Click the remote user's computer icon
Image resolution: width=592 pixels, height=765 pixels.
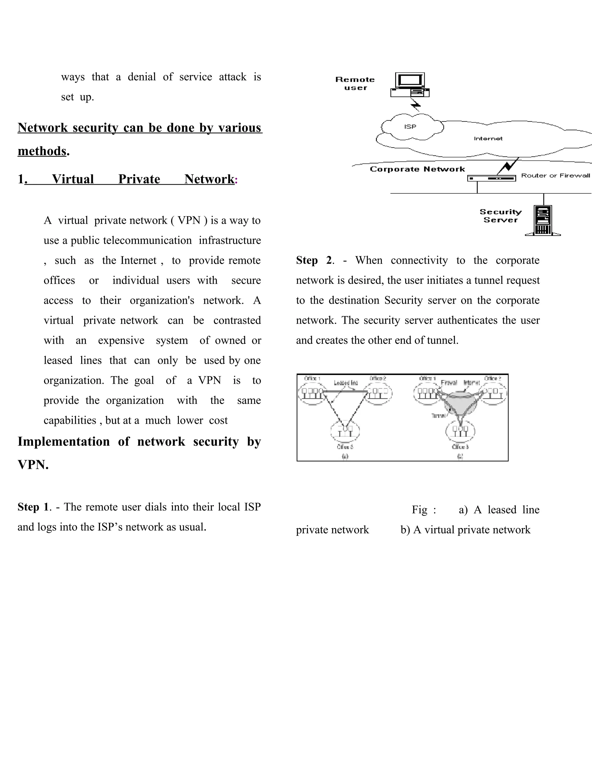pos(410,85)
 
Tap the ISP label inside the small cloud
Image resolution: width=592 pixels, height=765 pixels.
pos(410,126)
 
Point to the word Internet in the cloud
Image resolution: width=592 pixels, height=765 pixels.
pos(488,139)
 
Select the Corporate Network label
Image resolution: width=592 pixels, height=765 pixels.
pos(417,169)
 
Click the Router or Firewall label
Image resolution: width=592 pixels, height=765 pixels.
pos(555,176)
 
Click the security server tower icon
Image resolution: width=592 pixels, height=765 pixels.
pos(542,220)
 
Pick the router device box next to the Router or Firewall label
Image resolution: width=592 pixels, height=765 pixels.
pos(491,179)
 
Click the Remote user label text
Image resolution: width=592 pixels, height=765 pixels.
pos(355,83)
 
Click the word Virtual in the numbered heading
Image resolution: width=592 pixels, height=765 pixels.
pos(73,179)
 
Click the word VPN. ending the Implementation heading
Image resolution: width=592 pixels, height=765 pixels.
pos(33,465)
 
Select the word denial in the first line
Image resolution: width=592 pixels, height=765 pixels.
pos(142,77)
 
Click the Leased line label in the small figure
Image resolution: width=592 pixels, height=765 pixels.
pos(345,383)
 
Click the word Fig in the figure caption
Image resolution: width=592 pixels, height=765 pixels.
pos(419,510)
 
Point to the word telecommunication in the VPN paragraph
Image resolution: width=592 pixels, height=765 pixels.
pos(147,240)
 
